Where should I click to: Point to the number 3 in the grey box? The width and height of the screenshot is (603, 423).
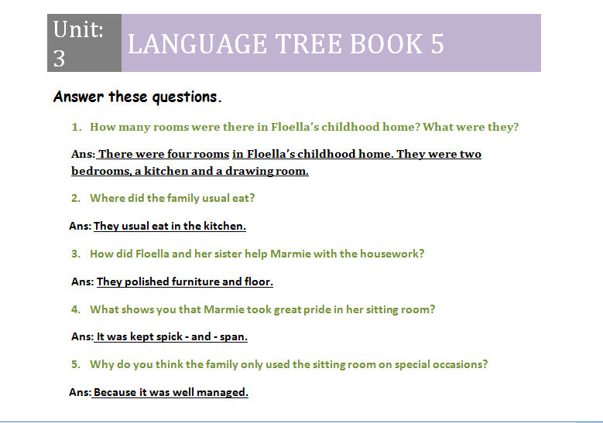(x=60, y=57)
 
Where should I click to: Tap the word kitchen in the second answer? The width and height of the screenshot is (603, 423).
(x=223, y=226)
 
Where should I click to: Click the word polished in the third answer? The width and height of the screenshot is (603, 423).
(x=146, y=281)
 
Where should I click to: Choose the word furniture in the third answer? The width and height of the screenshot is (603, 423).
(x=196, y=281)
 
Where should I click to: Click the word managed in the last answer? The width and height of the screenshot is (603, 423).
(x=223, y=392)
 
